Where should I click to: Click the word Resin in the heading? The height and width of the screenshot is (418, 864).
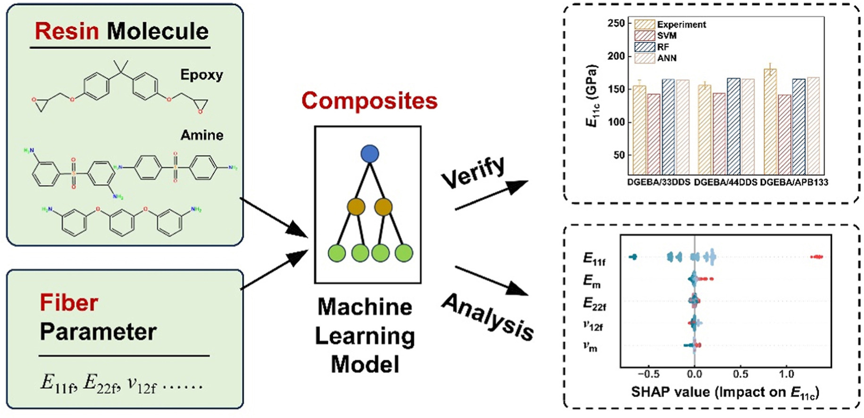67,32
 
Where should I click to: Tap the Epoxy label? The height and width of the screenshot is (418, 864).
201,75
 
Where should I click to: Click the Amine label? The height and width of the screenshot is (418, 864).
202,135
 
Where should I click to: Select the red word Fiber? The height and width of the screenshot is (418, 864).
69,302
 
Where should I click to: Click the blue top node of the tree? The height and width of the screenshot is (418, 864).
369,154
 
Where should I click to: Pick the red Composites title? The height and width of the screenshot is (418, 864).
369,100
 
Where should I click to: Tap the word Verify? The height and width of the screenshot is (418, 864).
473,172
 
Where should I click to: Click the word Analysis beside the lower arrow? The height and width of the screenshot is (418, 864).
487,317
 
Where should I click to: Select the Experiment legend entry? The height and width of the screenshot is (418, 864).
681,25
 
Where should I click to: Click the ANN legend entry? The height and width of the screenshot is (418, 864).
666,58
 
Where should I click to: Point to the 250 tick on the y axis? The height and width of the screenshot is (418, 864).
616,23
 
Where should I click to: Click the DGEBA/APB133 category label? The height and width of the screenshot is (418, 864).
794,182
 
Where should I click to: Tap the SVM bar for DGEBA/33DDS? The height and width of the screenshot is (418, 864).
654,134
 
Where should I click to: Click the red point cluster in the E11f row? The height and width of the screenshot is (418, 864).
817,257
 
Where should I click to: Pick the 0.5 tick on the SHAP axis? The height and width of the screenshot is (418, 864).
740,374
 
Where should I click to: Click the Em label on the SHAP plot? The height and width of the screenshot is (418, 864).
592,281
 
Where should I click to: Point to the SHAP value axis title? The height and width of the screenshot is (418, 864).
725,393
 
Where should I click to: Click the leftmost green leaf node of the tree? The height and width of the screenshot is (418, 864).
336,253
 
